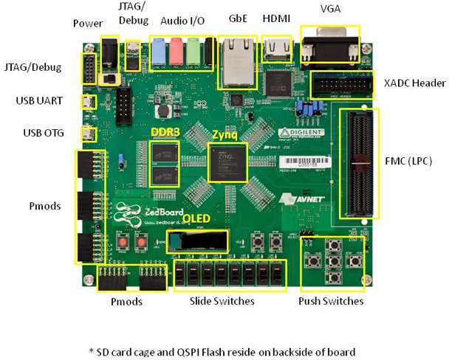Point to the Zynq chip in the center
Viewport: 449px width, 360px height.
tap(226, 163)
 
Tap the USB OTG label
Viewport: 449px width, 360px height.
tap(45, 134)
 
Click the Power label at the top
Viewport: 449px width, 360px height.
tap(87, 24)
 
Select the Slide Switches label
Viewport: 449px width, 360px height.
tap(222, 302)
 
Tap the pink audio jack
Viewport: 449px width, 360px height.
tap(176, 52)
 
